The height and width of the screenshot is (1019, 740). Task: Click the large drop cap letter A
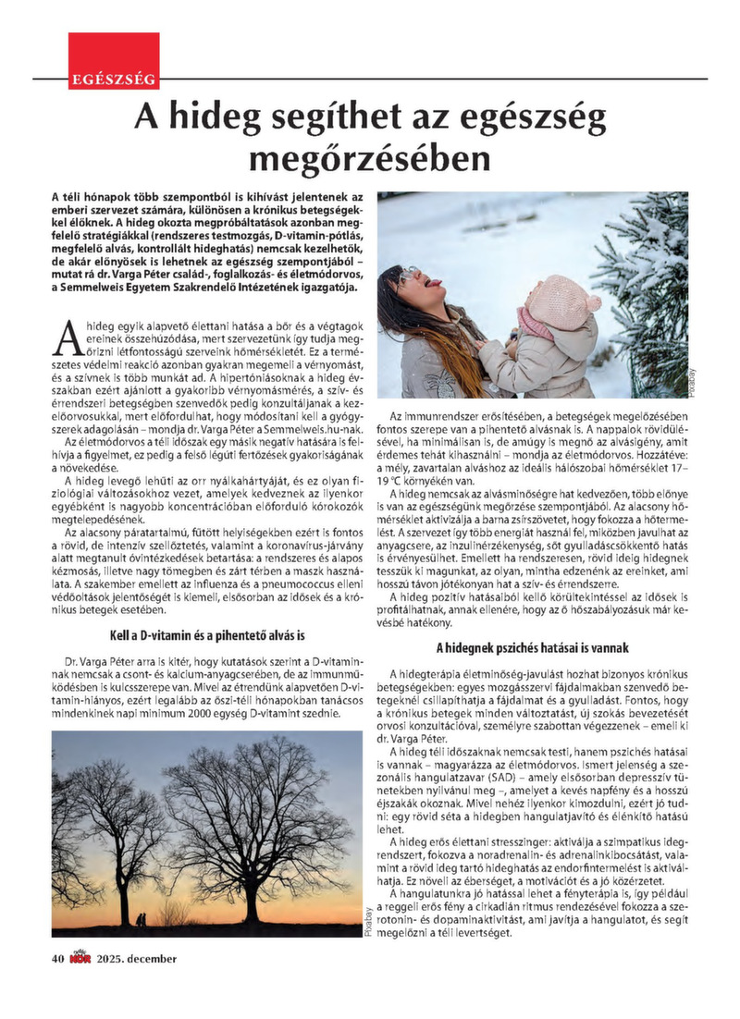point(65,338)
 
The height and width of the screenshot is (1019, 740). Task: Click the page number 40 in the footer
point(56,958)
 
